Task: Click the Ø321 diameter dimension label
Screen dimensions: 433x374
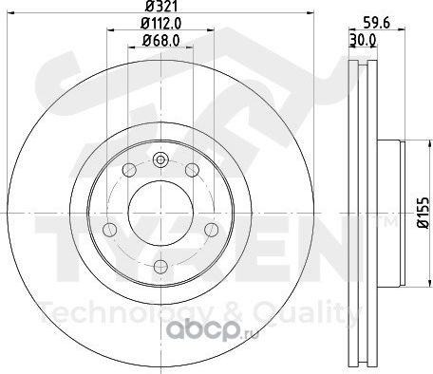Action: (x=160, y=6)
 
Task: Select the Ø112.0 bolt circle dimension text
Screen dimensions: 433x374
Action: (x=160, y=23)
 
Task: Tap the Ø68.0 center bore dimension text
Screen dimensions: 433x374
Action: (x=160, y=40)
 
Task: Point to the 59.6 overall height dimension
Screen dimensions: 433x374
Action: (x=376, y=23)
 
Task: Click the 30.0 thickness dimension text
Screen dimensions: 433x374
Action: (x=363, y=40)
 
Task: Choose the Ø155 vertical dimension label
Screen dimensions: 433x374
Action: (x=423, y=213)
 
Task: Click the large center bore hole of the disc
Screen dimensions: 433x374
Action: (x=160, y=213)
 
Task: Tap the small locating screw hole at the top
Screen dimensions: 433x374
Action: (x=160, y=159)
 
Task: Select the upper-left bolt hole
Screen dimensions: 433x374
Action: (x=129, y=170)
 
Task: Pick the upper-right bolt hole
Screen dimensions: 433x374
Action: (x=192, y=170)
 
